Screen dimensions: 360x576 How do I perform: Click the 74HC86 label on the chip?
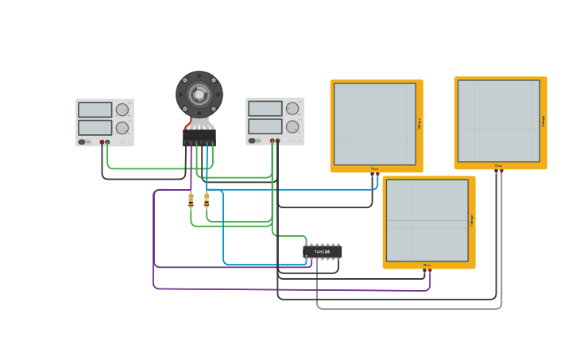tap(322, 252)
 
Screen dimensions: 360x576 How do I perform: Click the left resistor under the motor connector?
tap(191, 202)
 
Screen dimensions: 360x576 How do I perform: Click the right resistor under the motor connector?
tap(207, 201)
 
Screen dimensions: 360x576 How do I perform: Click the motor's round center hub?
tap(199, 94)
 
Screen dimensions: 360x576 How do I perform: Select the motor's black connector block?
tap(199, 137)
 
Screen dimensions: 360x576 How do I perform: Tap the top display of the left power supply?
tap(95, 110)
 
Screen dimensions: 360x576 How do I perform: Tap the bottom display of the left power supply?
tap(95, 127)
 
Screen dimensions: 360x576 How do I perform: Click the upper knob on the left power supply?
tap(122, 110)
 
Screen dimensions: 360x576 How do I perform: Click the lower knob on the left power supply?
tap(122, 127)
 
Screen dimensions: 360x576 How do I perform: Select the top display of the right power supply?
tap(265, 109)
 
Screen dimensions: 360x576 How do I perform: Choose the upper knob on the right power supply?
tap(292, 108)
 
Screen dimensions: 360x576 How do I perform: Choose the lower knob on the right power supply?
tap(292, 126)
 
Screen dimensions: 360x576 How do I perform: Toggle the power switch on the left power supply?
tap(82, 142)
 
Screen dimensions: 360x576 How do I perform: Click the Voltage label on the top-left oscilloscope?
tap(419, 124)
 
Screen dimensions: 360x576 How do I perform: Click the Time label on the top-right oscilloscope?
tap(498, 165)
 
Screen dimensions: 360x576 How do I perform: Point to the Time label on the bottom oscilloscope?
tap(427, 265)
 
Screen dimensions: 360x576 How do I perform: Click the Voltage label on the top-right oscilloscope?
tap(543, 121)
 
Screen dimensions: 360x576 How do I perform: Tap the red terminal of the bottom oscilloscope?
tap(430, 271)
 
